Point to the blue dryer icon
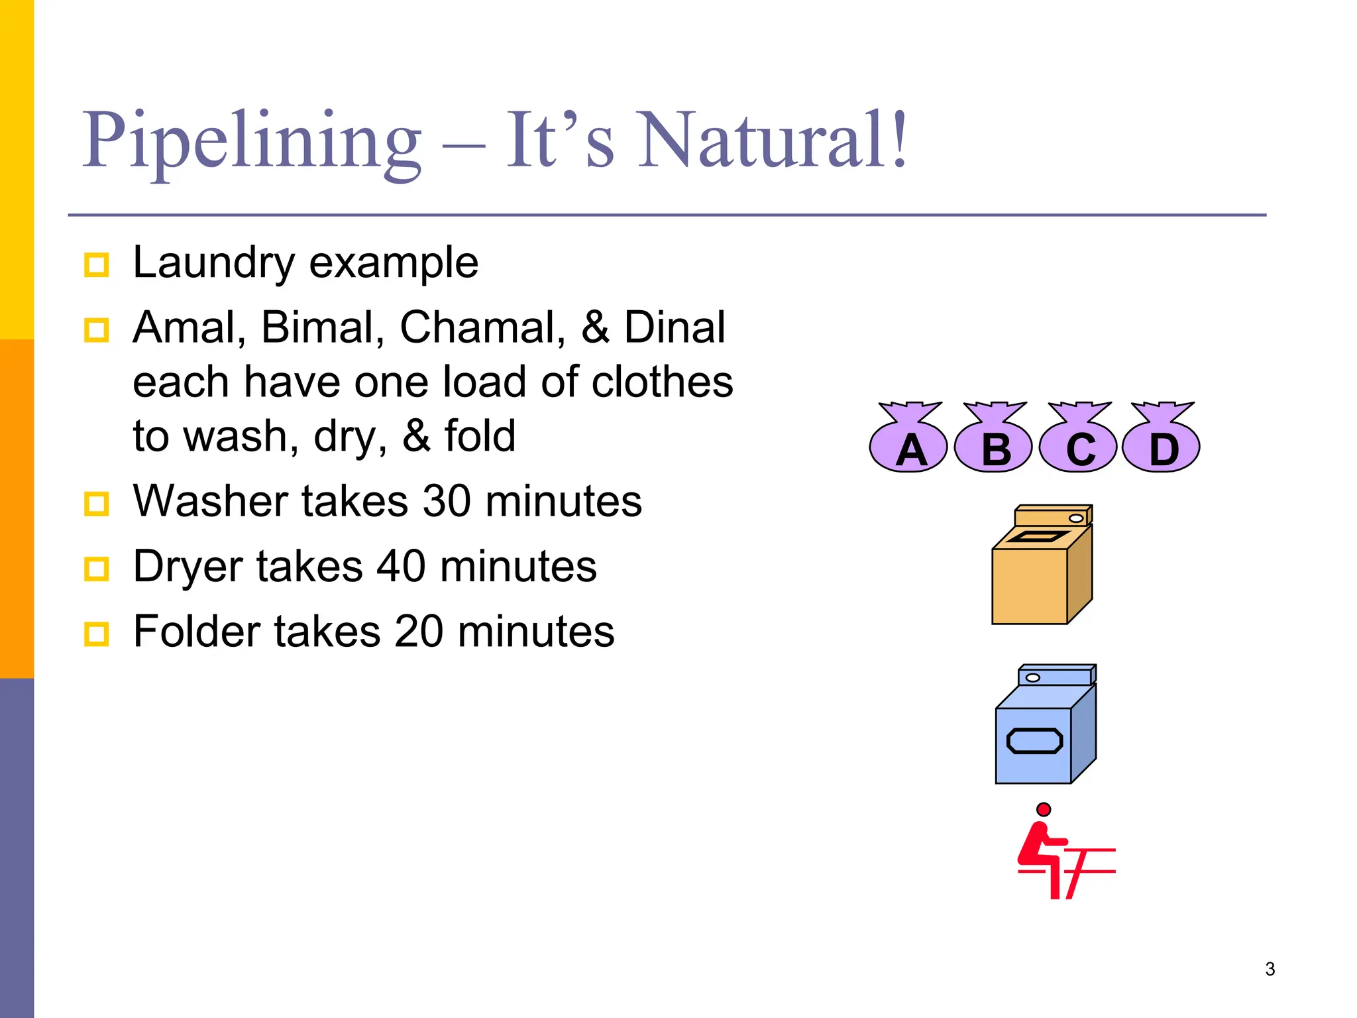[1046, 725]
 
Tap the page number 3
[1270, 969]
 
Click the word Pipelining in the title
[252, 141]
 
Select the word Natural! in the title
[773, 141]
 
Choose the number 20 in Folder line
[419, 631]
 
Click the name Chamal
[482, 327]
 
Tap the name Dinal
[675, 327]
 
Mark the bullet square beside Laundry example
[96, 265]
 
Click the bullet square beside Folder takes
[96, 634]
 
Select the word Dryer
[188, 567]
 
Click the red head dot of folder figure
[1044, 809]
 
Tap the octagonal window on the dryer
[1034, 741]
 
